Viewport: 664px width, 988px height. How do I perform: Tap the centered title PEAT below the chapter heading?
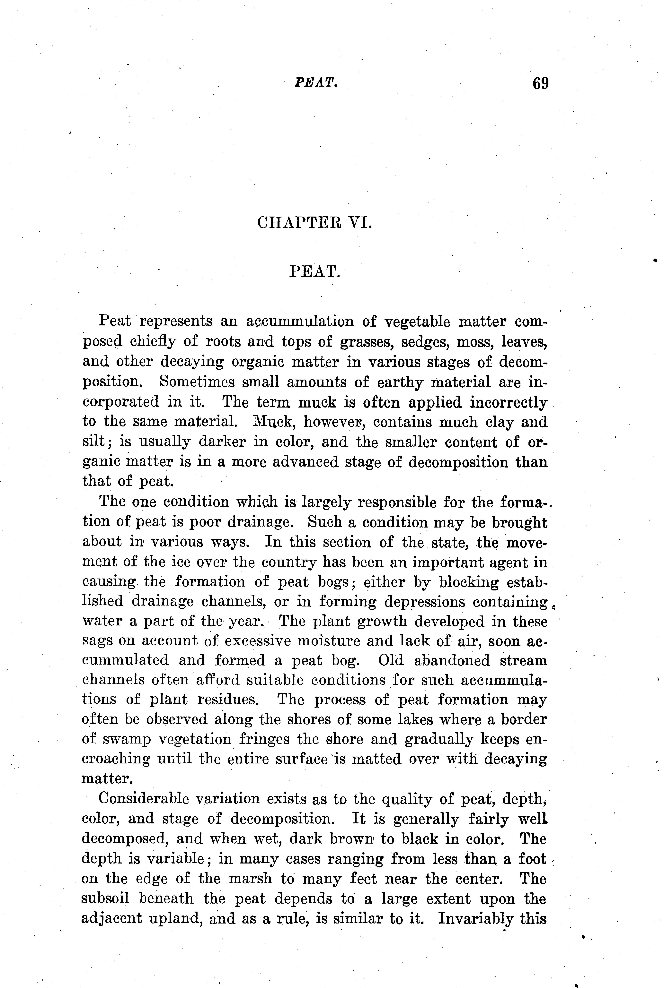315,271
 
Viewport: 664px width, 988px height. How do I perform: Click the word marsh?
250,879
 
